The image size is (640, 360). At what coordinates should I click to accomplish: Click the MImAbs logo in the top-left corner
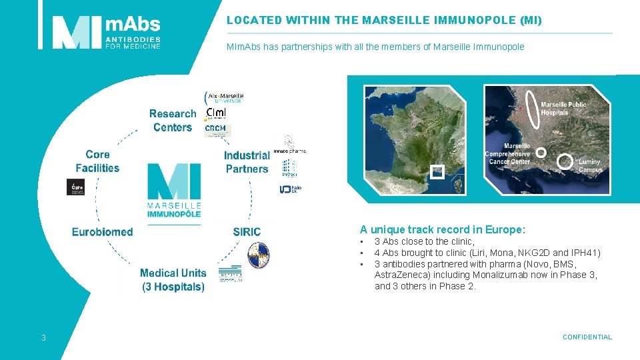point(107,32)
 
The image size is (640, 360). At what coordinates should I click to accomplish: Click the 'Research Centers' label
point(173,121)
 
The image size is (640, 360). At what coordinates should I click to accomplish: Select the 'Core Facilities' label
point(97,161)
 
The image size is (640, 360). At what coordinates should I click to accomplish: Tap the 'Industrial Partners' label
point(247,162)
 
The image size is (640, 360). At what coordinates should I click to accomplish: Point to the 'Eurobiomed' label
point(103,232)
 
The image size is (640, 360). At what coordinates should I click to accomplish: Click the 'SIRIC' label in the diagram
point(247,232)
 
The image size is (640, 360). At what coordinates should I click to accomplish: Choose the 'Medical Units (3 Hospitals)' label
point(173,280)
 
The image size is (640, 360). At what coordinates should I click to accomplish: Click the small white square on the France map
point(437,171)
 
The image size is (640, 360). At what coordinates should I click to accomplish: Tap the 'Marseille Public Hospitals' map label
point(563,108)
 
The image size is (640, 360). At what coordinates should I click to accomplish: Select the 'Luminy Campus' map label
point(589,165)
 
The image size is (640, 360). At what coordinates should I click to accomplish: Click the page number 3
point(43,338)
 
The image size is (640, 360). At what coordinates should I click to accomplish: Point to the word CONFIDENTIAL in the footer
point(587,337)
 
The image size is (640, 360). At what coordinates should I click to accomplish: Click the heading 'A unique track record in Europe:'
point(443,230)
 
